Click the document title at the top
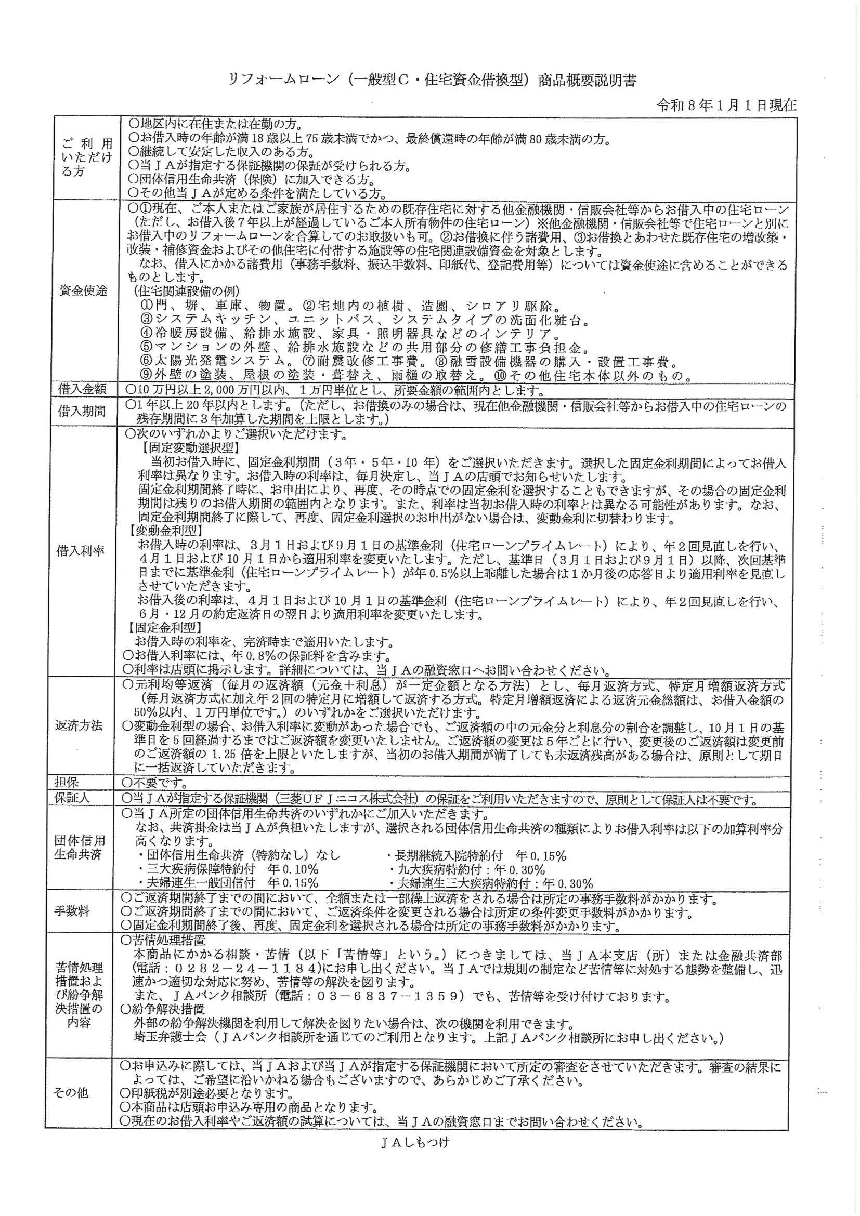coord(432,81)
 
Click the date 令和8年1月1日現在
coord(726,105)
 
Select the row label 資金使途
coord(83,290)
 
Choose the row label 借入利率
coord(81,551)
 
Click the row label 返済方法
coord(79,725)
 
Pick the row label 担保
coord(67,782)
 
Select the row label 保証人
coord(73,798)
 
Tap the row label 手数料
coord(72,911)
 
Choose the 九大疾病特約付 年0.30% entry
coord(466,869)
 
